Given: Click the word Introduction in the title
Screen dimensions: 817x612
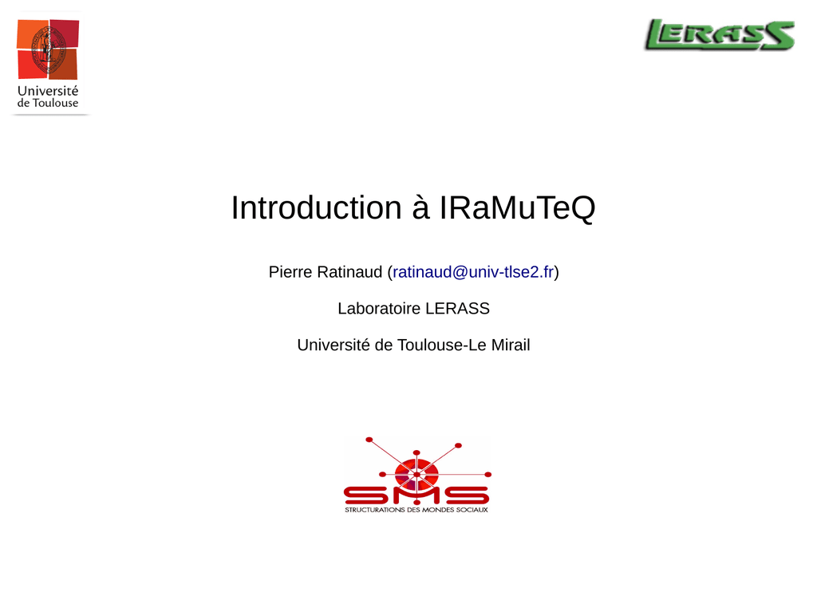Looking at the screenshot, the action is tap(316, 207).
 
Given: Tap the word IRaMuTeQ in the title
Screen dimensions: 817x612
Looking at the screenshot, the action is tap(517, 208).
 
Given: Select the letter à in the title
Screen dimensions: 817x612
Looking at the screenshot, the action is tap(420, 207).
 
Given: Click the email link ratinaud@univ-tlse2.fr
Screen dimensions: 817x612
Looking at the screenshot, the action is tap(473, 272).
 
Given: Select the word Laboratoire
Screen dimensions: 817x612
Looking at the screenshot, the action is tap(379, 309).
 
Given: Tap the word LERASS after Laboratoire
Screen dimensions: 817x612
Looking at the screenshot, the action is tap(457, 309).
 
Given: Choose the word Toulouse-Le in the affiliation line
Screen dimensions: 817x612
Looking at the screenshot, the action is tap(442, 345).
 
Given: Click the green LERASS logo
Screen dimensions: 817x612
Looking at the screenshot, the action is tap(720, 35).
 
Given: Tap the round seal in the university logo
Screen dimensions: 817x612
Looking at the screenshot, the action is tap(49, 49).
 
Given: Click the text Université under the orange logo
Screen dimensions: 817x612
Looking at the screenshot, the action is tap(48, 91).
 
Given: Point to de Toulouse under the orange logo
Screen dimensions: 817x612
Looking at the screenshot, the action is tap(48, 103).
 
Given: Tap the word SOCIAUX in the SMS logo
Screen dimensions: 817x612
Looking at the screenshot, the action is tap(472, 510).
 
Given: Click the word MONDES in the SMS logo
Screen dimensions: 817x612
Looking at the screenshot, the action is tap(438, 510).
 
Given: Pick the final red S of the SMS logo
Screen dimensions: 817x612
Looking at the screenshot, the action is tap(468, 496).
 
